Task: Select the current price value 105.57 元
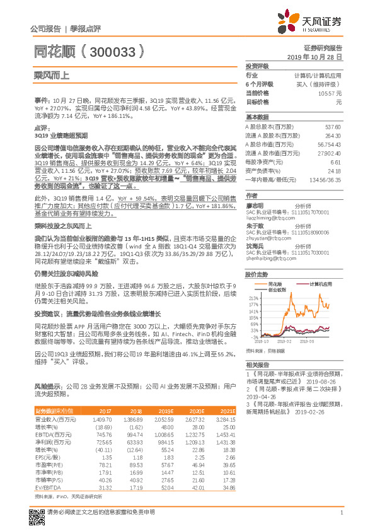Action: coord(330,93)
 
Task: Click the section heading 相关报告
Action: coord(257,365)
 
